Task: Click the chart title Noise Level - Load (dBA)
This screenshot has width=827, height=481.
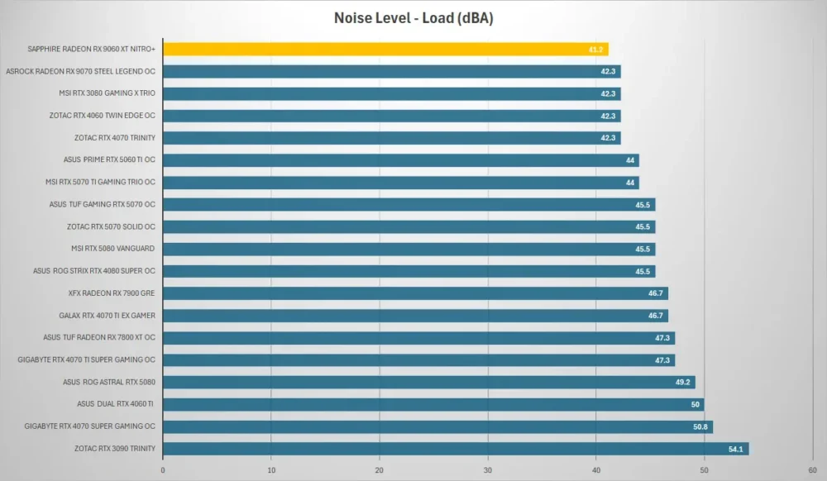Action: pos(413,18)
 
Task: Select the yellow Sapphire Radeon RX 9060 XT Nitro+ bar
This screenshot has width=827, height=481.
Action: pos(385,49)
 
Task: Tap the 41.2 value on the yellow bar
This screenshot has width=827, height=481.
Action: pos(595,50)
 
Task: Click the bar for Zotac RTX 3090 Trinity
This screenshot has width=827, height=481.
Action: pos(456,449)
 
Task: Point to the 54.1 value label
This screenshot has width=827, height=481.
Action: pos(735,450)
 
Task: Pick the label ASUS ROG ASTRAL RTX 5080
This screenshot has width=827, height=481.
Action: pos(109,382)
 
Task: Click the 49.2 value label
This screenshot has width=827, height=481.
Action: pos(682,383)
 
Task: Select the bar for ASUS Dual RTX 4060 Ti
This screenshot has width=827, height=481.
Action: pos(433,405)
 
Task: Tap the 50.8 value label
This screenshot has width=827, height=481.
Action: pos(700,426)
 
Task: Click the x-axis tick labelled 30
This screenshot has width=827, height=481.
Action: pos(488,470)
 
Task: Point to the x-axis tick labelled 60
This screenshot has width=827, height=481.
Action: pos(812,470)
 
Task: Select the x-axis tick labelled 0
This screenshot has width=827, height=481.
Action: pos(163,470)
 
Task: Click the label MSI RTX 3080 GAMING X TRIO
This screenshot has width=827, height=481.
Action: pos(107,93)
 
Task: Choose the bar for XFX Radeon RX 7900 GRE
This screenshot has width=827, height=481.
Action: pos(416,293)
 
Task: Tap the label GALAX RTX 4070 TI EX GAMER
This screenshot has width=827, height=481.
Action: pos(107,316)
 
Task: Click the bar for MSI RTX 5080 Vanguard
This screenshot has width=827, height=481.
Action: pos(409,250)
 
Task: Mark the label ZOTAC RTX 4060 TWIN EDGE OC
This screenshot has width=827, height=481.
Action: pos(103,116)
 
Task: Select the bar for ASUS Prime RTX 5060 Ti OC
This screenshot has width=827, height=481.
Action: pos(401,160)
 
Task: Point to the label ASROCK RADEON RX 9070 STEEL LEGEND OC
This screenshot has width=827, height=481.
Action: pos(81,71)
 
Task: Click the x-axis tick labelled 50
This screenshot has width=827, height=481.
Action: pos(704,470)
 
